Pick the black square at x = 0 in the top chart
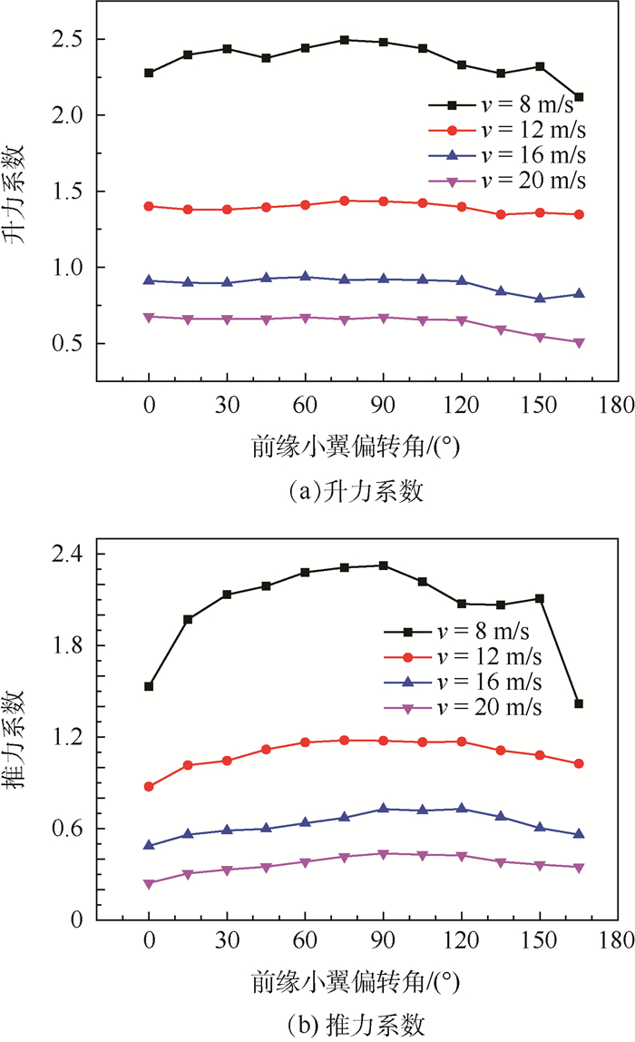pyautogui.click(x=149, y=73)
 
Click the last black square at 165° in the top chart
pyautogui.click(x=579, y=97)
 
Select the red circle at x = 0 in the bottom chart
pyautogui.click(x=149, y=786)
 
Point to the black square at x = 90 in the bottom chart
pyautogui.click(x=383, y=565)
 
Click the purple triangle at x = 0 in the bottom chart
pyautogui.click(x=149, y=883)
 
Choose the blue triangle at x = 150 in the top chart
pyautogui.click(x=540, y=298)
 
